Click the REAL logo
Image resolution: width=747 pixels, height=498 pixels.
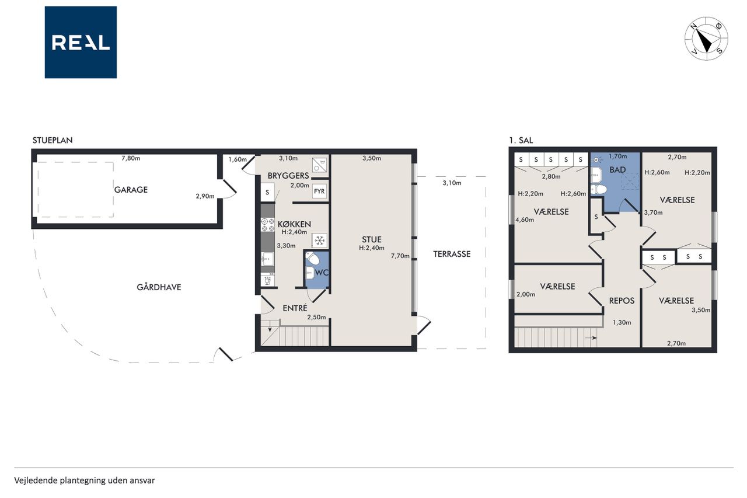pyautogui.click(x=81, y=43)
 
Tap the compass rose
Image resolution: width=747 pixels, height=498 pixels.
pyautogui.click(x=706, y=39)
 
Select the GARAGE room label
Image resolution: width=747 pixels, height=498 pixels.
pyautogui.click(x=131, y=190)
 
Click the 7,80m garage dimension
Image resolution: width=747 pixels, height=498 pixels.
pyautogui.click(x=131, y=158)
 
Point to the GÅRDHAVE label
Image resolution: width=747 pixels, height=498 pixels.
pyautogui.click(x=159, y=287)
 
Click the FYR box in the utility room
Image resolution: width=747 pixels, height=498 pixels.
pyautogui.click(x=319, y=191)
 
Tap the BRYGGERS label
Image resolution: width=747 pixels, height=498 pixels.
pyautogui.click(x=288, y=176)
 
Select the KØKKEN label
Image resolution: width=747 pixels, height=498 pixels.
pyautogui.click(x=294, y=224)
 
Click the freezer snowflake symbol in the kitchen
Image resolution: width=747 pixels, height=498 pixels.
pyautogui.click(x=320, y=240)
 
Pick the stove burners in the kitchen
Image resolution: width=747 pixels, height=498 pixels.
pyautogui.click(x=267, y=225)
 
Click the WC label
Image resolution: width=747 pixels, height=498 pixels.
pyautogui.click(x=322, y=273)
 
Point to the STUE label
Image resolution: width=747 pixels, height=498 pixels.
pyautogui.click(x=372, y=239)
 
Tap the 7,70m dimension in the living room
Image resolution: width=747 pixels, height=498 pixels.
pyautogui.click(x=400, y=256)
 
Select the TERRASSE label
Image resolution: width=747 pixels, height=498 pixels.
pyautogui.click(x=452, y=254)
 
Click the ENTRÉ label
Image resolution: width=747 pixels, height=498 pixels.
pyautogui.click(x=295, y=308)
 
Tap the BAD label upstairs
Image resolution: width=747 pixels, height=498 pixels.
pyautogui.click(x=617, y=170)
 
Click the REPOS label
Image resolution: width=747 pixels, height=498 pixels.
pyautogui.click(x=622, y=301)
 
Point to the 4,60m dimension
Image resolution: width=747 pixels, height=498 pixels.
pyautogui.click(x=525, y=220)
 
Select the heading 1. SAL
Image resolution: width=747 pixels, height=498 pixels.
pyautogui.click(x=521, y=141)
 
